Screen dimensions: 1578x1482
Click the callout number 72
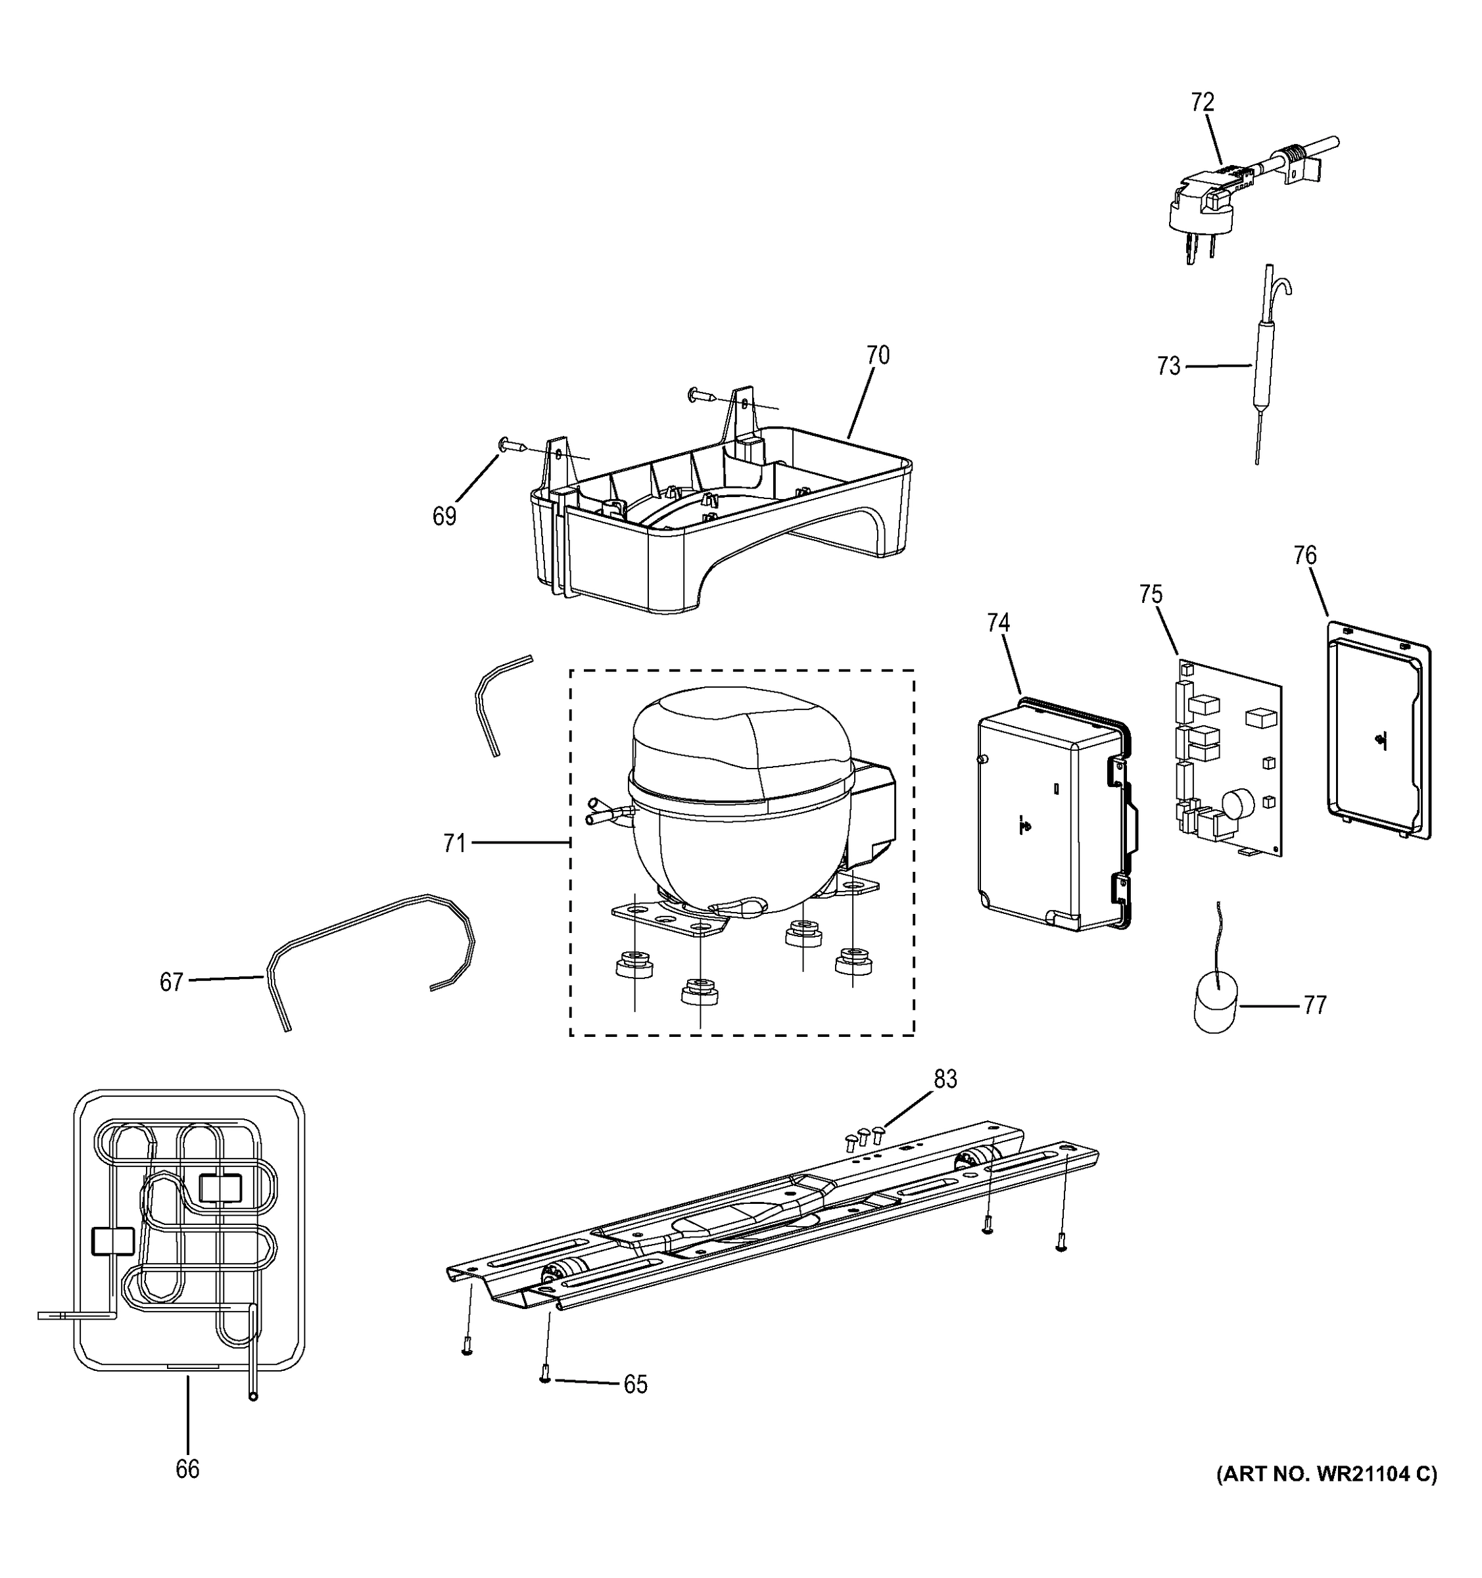(x=1203, y=103)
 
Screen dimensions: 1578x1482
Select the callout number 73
(x=1168, y=367)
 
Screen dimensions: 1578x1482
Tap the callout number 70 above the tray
(x=877, y=355)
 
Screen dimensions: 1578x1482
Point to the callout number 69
(x=444, y=517)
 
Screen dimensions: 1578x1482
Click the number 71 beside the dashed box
(x=454, y=843)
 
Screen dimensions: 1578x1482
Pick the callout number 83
(x=945, y=1080)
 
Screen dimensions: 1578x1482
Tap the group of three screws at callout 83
(x=865, y=1137)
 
